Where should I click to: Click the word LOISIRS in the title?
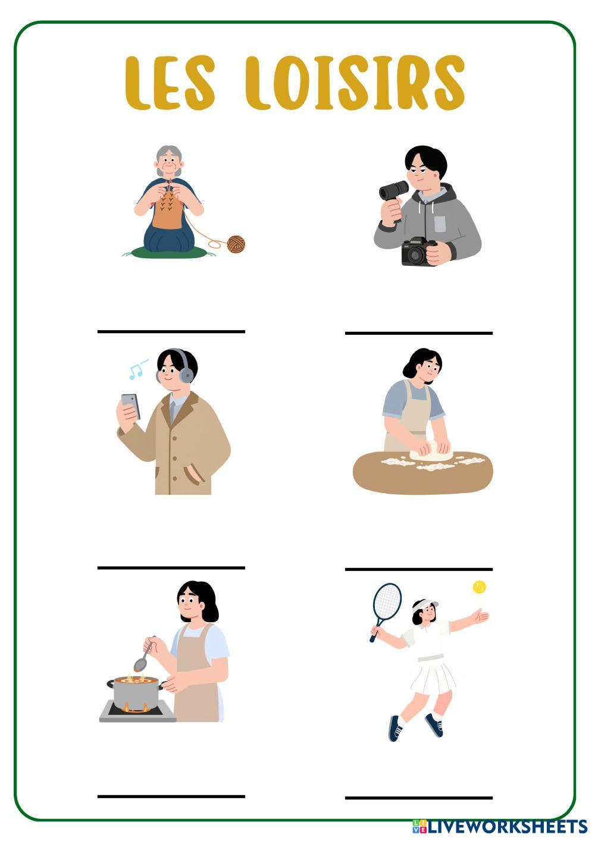point(355,83)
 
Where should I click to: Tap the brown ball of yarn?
point(236,244)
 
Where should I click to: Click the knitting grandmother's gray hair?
point(169,158)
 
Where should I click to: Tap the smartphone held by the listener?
point(131,406)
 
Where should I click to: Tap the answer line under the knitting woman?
point(171,331)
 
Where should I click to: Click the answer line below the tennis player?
point(419,798)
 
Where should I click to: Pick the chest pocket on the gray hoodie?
point(440,224)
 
